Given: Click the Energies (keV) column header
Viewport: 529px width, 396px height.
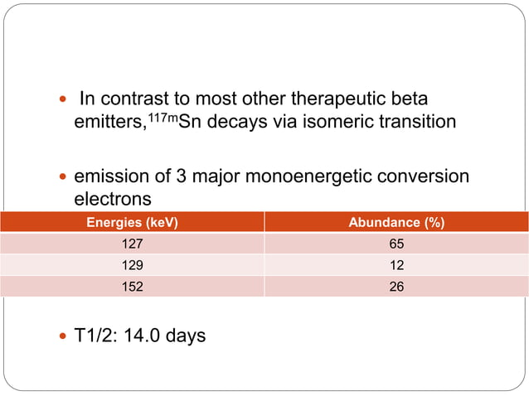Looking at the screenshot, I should (133, 223).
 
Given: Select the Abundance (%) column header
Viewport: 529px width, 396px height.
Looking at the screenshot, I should (396, 223).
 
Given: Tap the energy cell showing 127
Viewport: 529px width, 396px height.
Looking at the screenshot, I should (133, 245).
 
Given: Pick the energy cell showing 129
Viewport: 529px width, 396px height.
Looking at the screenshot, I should (133, 266).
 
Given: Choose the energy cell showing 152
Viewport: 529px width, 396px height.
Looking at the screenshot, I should (133, 287).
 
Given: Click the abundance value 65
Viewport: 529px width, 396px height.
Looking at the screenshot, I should (396, 245).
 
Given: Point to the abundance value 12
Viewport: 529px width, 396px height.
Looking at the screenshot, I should (396, 266).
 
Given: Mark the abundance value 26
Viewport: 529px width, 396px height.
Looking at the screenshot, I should (396, 287).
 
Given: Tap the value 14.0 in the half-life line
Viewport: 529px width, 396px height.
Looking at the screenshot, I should (140, 336).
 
